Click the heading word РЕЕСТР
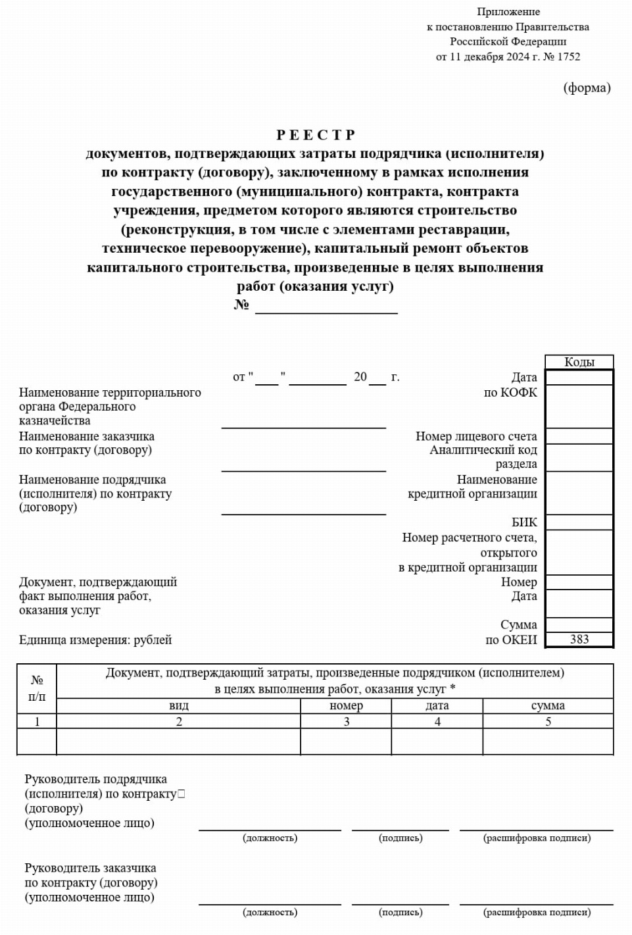point(316,135)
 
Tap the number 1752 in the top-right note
point(568,57)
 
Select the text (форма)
point(587,88)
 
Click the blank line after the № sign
point(326,307)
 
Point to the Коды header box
point(579,363)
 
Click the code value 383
point(579,640)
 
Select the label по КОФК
point(510,392)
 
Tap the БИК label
point(524,522)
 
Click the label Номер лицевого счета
point(476,436)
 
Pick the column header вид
point(179,705)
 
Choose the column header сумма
point(548,705)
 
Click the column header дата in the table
point(437,705)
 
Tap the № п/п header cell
point(37,688)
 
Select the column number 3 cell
point(346,721)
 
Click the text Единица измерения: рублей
point(95,640)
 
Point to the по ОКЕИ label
point(511,640)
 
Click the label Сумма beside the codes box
point(518,624)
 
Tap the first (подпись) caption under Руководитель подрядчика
point(401,838)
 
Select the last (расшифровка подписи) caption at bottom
point(537,912)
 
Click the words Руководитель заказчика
point(90,868)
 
